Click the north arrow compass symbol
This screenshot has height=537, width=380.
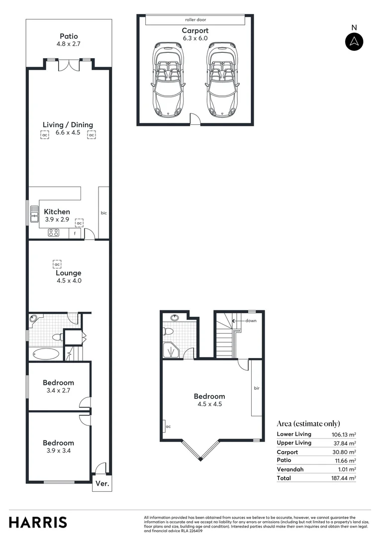(x=354, y=41)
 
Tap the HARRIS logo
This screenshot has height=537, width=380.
(x=38, y=522)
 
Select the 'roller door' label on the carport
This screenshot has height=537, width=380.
(x=195, y=20)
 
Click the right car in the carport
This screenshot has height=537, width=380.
(x=222, y=80)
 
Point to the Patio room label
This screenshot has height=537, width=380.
(x=69, y=36)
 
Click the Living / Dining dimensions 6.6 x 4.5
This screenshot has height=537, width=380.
(x=68, y=132)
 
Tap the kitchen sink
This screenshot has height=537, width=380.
(x=34, y=214)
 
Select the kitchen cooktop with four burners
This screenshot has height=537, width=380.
(x=54, y=233)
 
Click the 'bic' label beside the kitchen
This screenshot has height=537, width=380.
(x=104, y=213)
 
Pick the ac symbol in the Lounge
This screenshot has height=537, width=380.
(x=57, y=264)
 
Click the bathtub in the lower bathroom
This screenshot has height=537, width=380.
(x=46, y=354)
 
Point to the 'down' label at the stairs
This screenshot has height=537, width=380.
(x=251, y=321)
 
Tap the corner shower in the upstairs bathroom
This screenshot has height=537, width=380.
(x=172, y=350)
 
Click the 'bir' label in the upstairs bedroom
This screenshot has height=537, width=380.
(x=257, y=388)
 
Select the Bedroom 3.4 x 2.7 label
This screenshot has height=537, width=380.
(x=58, y=386)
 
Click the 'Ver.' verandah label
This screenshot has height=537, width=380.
(x=101, y=483)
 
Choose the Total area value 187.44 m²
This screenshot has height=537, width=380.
(x=345, y=478)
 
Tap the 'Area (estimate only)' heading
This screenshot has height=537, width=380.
(x=308, y=424)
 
